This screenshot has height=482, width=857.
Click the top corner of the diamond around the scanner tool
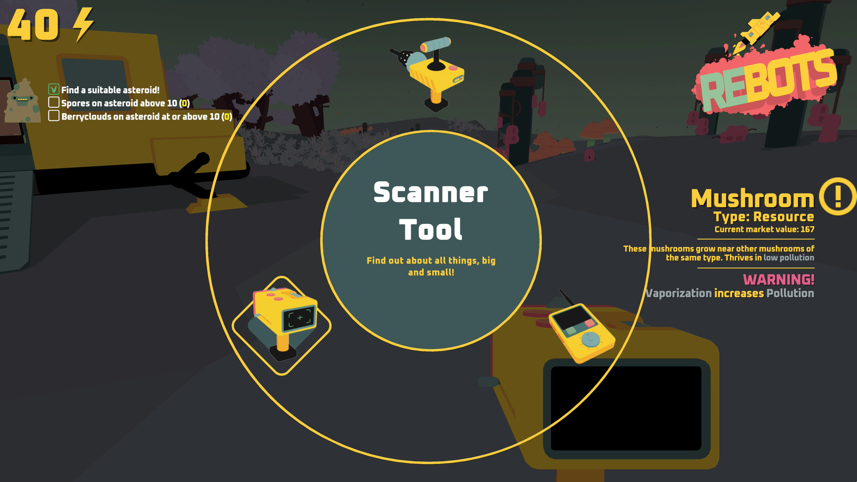282,277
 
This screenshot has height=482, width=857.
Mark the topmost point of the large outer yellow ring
428,19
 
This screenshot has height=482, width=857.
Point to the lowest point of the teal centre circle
431,350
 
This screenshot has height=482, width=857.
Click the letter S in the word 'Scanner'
383,192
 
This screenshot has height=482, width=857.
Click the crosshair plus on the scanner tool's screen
300,318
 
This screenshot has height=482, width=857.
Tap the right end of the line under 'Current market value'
814,239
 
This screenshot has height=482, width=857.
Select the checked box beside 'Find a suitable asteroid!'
54,89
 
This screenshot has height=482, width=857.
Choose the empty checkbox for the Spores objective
54,102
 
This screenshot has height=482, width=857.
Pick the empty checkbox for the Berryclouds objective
54,116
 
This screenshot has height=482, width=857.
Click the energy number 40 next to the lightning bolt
33,25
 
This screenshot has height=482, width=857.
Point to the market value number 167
807,229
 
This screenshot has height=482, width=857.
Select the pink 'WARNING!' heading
778,280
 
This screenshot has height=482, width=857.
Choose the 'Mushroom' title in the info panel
753,199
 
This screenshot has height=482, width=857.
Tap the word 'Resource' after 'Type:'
783,217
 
